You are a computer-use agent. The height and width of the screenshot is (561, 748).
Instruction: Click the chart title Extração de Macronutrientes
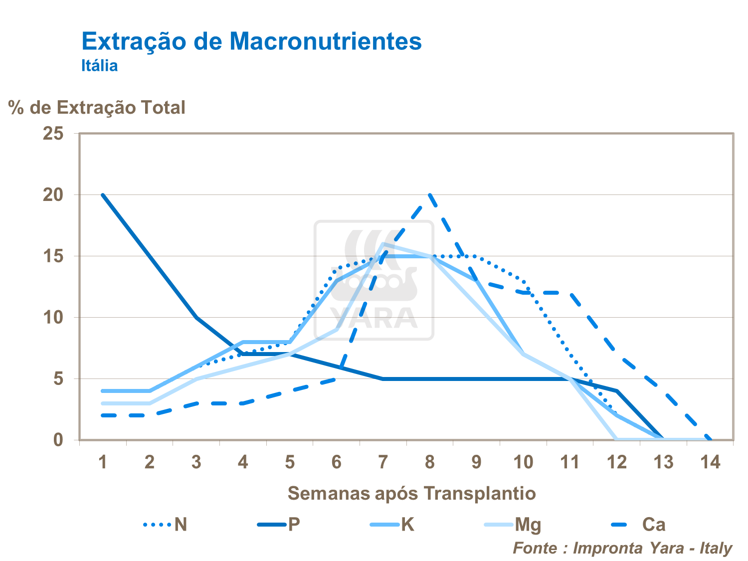251,41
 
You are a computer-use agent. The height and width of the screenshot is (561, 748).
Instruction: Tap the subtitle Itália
100,66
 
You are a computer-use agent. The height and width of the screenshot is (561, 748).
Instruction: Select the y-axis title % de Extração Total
97,108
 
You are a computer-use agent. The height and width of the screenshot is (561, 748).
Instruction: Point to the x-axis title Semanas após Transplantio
411,493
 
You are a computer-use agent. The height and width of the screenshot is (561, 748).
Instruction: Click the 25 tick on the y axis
53,134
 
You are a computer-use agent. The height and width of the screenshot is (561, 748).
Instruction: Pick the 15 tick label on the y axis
53,256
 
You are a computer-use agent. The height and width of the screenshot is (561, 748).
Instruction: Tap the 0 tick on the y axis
59,440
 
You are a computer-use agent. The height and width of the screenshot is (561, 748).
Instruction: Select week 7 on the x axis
383,462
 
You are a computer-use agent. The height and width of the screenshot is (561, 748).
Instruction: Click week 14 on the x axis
710,462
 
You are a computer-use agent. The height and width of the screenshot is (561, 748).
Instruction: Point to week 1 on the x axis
103,462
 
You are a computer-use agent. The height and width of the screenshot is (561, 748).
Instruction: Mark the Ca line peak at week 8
430,195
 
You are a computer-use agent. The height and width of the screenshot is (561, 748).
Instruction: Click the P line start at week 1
103,195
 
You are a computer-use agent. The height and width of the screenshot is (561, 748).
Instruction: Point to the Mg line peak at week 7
383,244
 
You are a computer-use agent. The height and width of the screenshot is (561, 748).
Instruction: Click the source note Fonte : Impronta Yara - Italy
622,548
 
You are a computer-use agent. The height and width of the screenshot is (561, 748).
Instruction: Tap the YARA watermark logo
374,280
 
